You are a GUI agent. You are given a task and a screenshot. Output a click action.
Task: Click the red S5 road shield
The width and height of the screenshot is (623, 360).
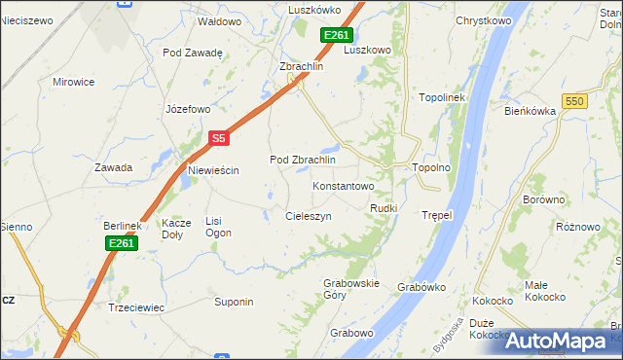coord(219,139)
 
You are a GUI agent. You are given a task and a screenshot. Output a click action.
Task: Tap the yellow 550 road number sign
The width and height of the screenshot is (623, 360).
coord(575,101)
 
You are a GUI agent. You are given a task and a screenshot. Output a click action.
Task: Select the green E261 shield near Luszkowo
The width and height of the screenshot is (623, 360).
coord(336,35)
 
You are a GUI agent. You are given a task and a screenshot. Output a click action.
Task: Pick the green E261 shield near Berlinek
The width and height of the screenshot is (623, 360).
coord(122,243)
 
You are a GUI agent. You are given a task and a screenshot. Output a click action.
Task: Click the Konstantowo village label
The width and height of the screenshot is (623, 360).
coord(343,185)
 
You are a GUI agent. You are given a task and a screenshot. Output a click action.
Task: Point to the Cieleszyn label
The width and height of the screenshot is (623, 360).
coord(309,216)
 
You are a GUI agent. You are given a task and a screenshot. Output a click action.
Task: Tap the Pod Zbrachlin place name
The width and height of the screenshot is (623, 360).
coord(302,160)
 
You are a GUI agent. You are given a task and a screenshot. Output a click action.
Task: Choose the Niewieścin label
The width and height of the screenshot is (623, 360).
coord(213,170)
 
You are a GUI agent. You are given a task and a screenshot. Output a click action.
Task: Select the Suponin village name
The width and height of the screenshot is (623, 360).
coord(234,302)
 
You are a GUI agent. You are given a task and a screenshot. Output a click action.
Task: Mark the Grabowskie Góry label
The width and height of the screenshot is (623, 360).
coord(350,289)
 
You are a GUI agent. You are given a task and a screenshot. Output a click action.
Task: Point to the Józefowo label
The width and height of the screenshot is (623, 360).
coord(188,109)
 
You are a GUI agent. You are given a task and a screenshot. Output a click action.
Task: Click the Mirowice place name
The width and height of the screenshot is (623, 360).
coord(73,83)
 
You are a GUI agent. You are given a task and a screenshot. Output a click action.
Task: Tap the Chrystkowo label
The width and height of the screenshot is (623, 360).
coord(484,20)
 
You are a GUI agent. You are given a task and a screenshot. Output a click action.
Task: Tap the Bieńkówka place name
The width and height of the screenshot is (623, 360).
coord(530,111)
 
